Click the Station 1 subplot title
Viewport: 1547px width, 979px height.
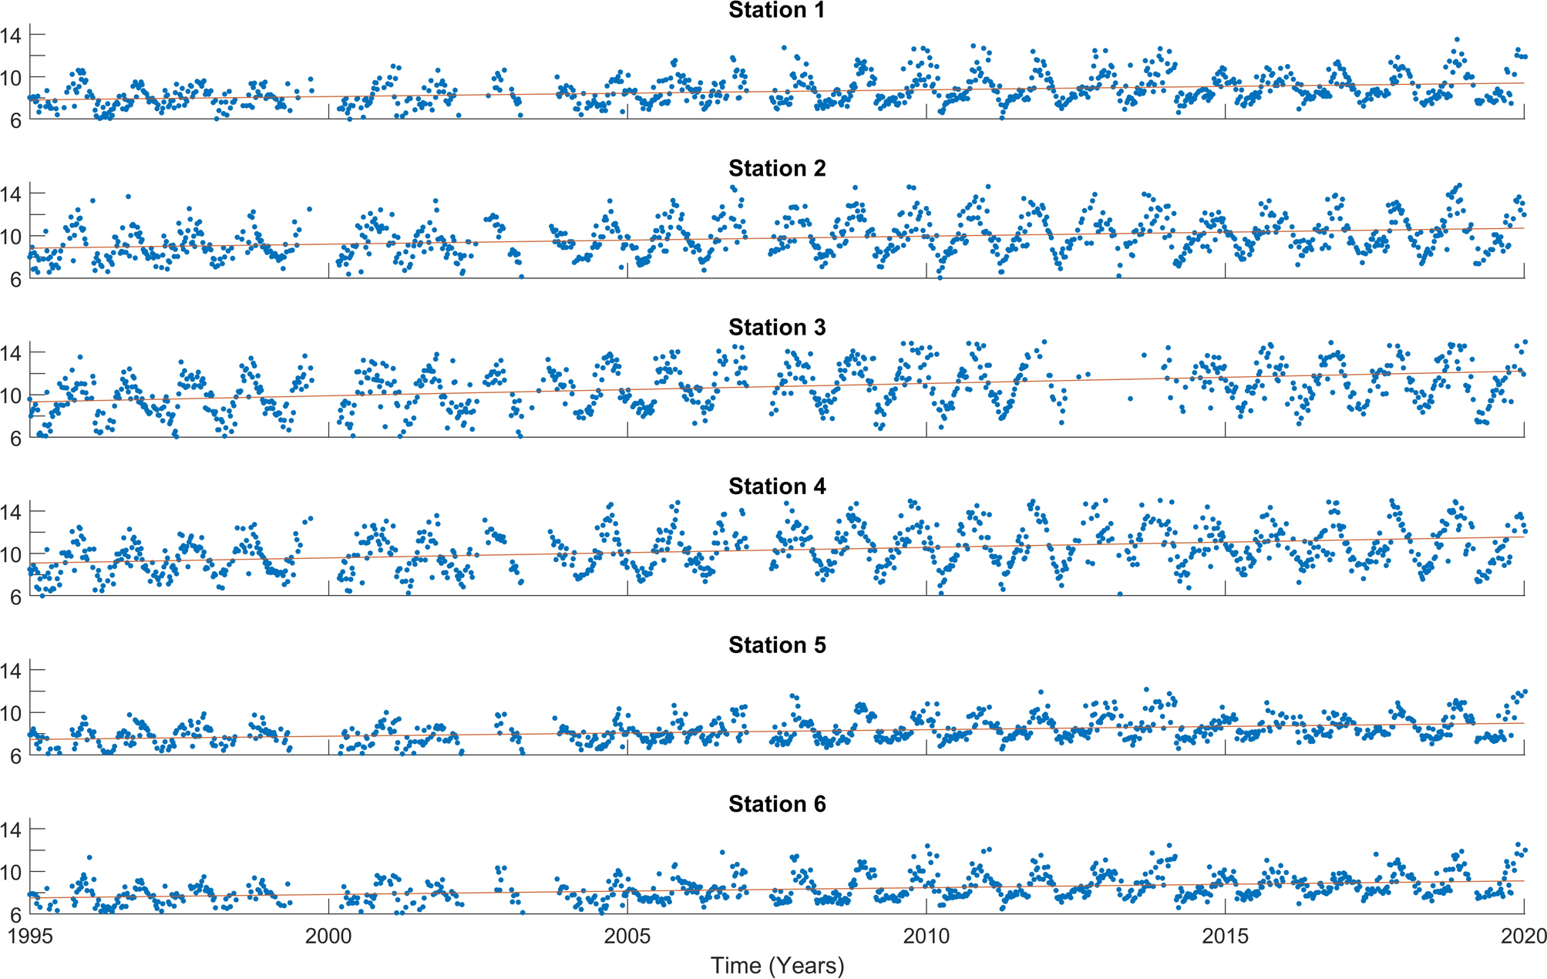pyautogui.click(x=776, y=10)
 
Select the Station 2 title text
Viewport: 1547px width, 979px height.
pyautogui.click(x=776, y=168)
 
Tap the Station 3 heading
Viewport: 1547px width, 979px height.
pyautogui.click(x=776, y=327)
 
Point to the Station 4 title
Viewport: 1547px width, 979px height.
pyautogui.click(x=776, y=486)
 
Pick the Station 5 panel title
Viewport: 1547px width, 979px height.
pyautogui.click(x=776, y=644)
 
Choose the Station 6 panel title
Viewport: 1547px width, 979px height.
pyautogui.click(x=776, y=803)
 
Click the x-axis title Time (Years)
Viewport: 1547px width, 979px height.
pyautogui.click(x=777, y=965)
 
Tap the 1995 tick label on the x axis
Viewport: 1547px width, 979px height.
pyautogui.click(x=30, y=936)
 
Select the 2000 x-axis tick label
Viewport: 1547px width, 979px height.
pyautogui.click(x=329, y=936)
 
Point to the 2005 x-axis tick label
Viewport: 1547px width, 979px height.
pyautogui.click(x=627, y=936)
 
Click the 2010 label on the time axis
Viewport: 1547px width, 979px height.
pyautogui.click(x=927, y=936)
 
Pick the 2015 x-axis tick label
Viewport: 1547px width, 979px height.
pyautogui.click(x=1226, y=936)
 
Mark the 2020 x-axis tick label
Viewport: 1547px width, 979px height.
pyautogui.click(x=1523, y=936)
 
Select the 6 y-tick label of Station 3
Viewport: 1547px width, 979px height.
pyautogui.click(x=15, y=439)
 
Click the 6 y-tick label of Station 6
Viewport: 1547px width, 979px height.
pyautogui.click(x=15, y=915)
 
